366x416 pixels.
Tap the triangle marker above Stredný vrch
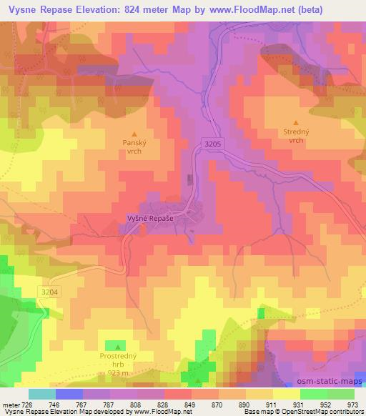click(x=297, y=123)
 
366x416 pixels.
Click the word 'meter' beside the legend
click(x=11, y=404)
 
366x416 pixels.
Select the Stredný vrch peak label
click(x=297, y=137)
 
